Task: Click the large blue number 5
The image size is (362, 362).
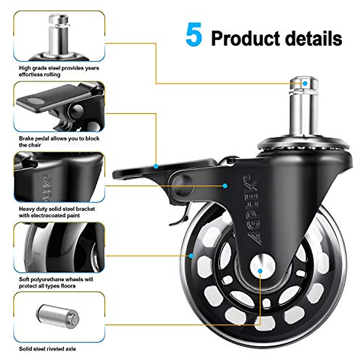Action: point(194,35)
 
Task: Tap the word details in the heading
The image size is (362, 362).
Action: point(313,39)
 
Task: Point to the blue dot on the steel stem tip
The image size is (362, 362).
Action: point(305,83)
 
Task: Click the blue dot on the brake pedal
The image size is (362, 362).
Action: point(156,166)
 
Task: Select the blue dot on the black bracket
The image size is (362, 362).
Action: point(225,186)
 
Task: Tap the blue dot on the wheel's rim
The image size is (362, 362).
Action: point(191,256)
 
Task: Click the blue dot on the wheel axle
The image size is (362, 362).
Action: point(260,271)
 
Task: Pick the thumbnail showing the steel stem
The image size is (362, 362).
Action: point(59,36)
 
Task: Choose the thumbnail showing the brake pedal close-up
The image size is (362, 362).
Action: point(59,107)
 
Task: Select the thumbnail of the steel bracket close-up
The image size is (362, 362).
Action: point(59,177)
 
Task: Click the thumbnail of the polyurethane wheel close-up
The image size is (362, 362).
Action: point(59,247)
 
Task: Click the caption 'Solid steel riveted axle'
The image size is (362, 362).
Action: point(47,349)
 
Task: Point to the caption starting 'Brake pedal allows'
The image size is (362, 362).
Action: point(59,142)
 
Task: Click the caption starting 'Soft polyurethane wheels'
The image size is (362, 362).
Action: point(56,283)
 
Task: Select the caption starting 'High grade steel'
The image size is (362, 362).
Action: point(59,71)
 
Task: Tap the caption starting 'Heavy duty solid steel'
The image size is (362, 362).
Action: point(57,212)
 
